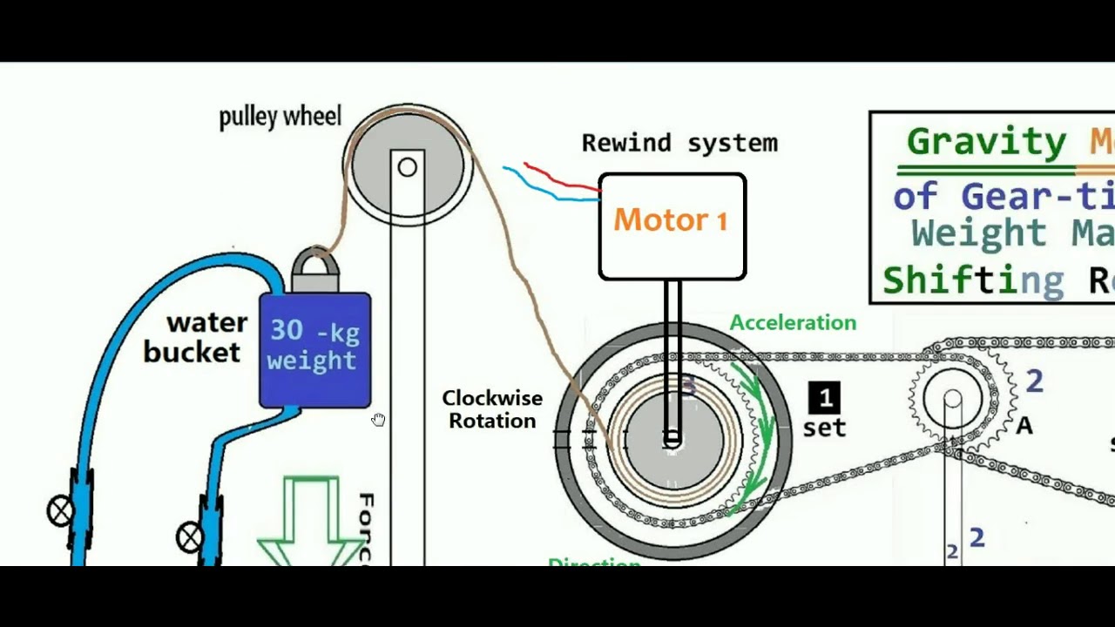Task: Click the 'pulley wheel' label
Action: (x=280, y=117)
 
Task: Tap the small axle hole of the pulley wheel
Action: (x=407, y=167)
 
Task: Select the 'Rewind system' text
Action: (x=679, y=143)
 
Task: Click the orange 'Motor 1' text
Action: (x=670, y=220)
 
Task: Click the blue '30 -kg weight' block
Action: (x=314, y=348)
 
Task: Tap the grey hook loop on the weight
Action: (x=314, y=263)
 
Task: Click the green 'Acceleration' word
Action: (x=793, y=323)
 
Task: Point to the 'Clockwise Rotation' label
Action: (x=492, y=409)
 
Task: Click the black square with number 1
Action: (x=824, y=399)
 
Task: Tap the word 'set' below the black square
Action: (x=824, y=428)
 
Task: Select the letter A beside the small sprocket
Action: (x=1024, y=426)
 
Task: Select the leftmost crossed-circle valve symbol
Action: (x=60, y=511)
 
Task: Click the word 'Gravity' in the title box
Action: (x=985, y=142)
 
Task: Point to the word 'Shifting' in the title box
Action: (x=972, y=280)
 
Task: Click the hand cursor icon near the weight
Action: (x=378, y=421)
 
